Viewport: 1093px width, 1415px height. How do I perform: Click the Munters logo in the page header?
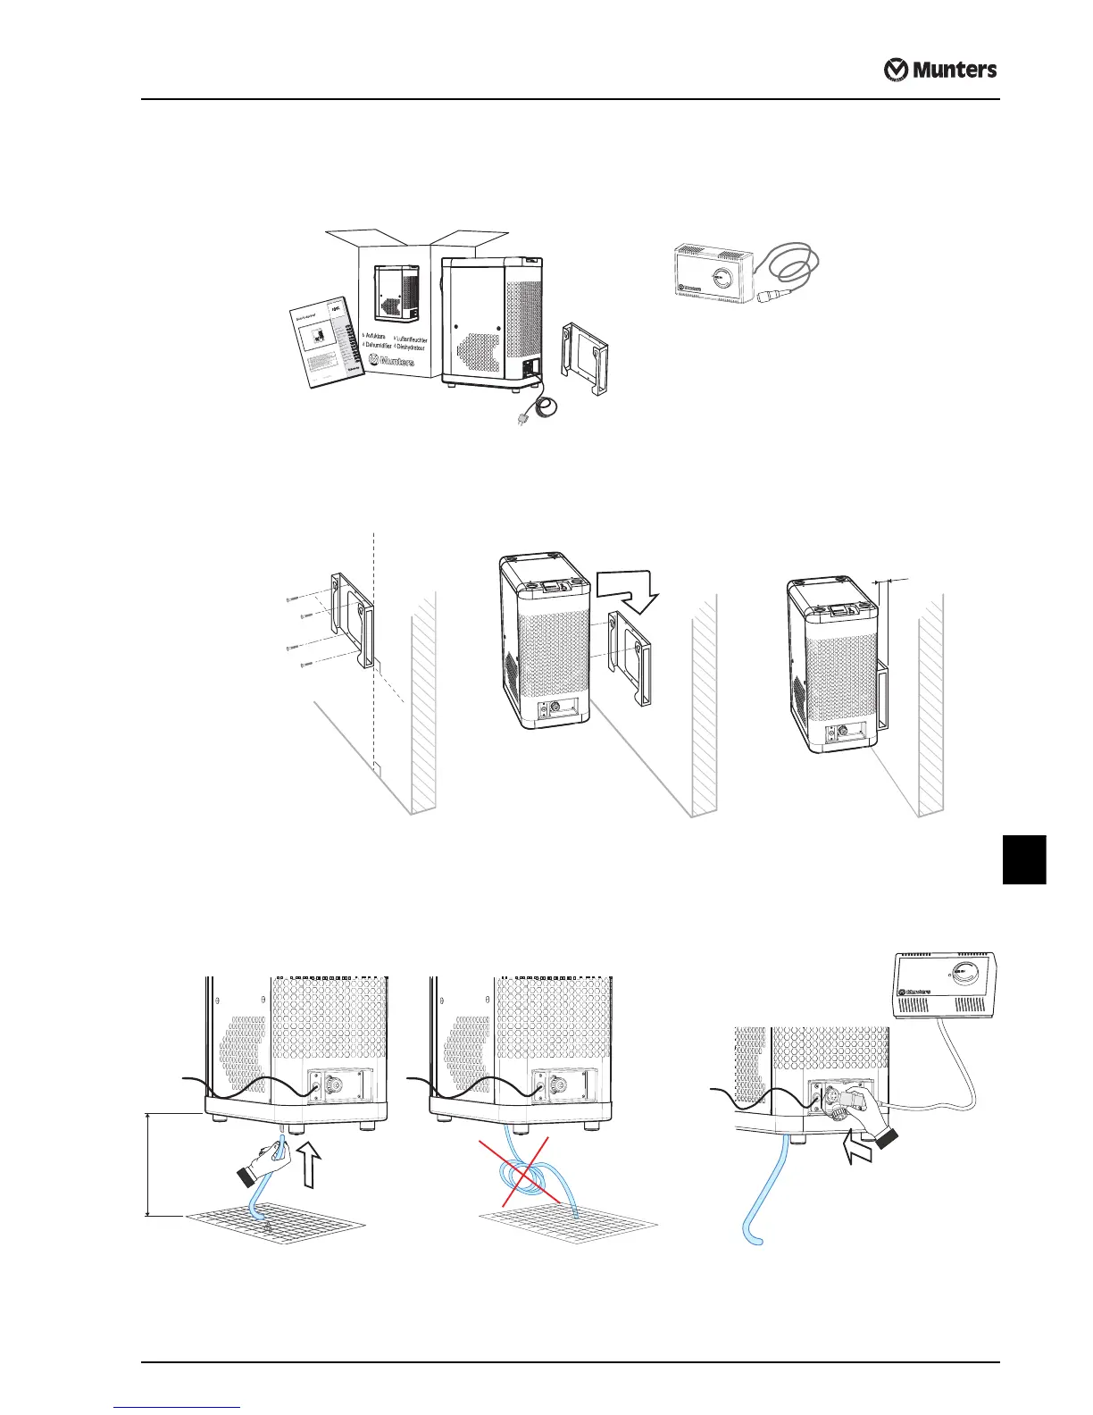pyautogui.click(x=940, y=70)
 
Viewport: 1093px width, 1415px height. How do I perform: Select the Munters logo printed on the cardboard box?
pyautogui.click(x=390, y=362)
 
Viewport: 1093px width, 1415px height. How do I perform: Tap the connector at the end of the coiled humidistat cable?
pyautogui.click(x=766, y=296)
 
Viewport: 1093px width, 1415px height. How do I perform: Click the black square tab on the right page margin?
pyautogui.click(x=1023, y=858)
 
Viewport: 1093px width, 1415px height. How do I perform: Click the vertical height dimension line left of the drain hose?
pyautogui.click(x=147, y=1165)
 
